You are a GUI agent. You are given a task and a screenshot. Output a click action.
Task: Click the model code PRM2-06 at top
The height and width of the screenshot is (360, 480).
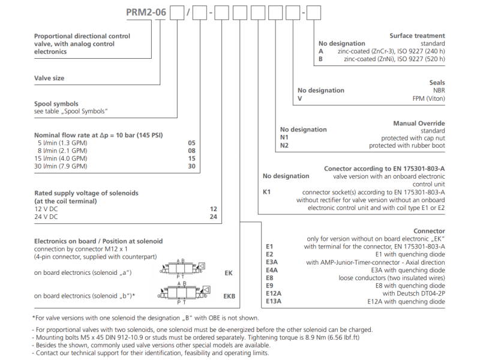tap(146, 11)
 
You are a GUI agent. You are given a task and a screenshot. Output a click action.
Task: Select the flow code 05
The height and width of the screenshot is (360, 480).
tap(192, 143)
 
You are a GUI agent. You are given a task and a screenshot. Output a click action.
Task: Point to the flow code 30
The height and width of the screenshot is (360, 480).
tap(192, 166)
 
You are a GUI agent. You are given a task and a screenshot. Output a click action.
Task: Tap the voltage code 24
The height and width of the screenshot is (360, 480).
tap(213, 216)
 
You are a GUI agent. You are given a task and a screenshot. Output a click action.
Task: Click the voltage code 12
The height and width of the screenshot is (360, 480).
tap(213, 208)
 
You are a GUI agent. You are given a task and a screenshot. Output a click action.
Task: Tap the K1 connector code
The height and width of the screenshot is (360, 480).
tap(268, 192)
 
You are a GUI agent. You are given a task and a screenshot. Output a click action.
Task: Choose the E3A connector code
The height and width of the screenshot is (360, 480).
tap(272, 262)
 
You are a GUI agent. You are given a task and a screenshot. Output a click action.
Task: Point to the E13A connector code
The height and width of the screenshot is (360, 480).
tap(274, 301)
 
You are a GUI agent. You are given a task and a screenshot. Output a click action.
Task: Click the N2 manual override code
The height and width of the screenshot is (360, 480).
tap(284, 145)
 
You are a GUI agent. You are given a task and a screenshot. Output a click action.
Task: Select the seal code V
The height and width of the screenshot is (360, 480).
tap(299, 98)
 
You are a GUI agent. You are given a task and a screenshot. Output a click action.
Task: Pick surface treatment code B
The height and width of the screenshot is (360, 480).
tap(321, 59)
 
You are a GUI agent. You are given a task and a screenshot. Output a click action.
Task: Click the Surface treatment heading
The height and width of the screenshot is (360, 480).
tap(417, 36)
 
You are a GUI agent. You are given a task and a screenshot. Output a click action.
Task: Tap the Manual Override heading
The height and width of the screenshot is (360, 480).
tap(419, 124)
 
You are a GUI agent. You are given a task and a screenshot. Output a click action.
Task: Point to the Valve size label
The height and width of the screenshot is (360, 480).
tap(49, 78)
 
